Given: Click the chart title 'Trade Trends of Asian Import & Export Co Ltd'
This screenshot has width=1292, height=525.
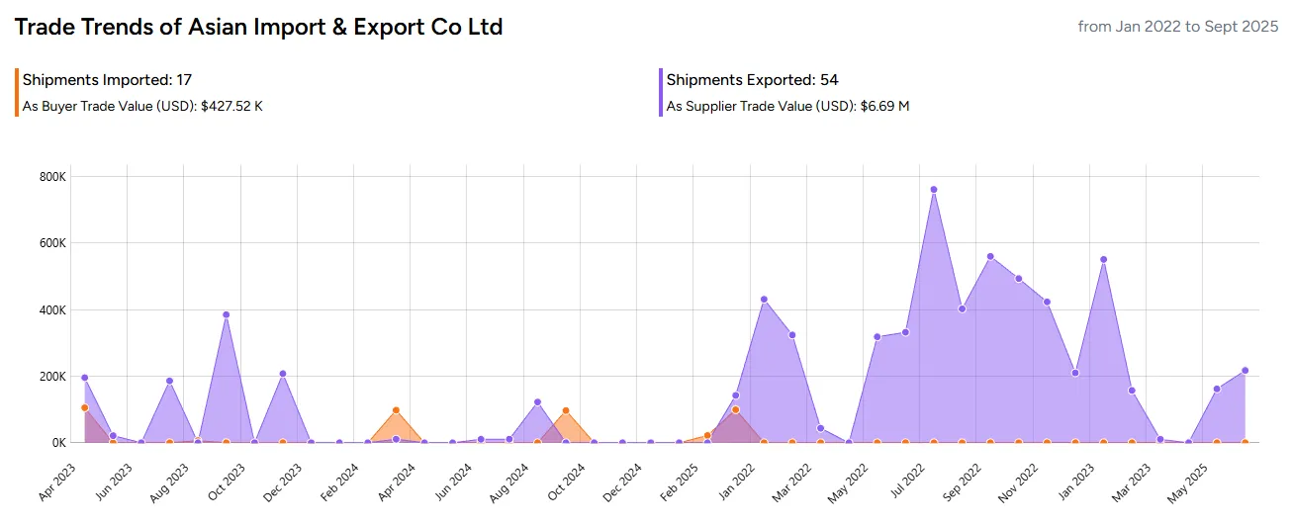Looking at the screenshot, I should pos(258,28).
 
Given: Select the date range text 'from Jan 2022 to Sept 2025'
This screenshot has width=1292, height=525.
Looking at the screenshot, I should pos(1178,27).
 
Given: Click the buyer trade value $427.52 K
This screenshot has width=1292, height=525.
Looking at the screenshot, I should pos(231,106).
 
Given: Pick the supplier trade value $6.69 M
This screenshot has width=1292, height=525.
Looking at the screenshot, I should pos(882,106).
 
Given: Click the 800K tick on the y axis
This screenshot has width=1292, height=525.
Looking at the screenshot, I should pos(50,176).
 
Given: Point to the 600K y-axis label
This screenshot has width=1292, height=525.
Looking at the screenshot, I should pos(50,243).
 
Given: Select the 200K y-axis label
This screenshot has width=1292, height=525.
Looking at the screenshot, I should pos(50,377).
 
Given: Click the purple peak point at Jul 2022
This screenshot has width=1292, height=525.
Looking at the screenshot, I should pos(933,190).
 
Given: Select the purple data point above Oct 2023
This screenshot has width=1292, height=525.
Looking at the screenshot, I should pos(226,315).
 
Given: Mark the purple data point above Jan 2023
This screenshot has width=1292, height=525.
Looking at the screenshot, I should pos(1103,260).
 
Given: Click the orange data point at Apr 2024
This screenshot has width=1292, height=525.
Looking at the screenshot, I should pos(396,410).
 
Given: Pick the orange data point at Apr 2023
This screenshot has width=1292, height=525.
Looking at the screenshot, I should pos(85,407).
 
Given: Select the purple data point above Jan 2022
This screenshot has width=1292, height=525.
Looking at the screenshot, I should pos(764,300).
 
